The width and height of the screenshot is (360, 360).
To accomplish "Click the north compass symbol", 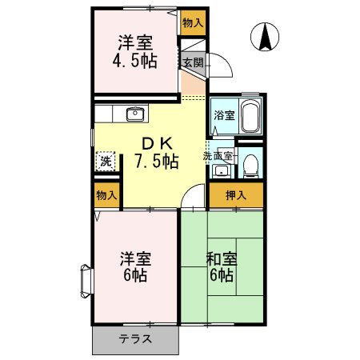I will pos(266,36).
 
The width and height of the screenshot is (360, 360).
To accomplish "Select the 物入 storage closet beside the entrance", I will pos(192,23).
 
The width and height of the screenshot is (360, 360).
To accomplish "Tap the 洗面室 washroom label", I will pos(218,156).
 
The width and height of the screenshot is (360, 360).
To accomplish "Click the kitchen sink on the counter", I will pos(134,113).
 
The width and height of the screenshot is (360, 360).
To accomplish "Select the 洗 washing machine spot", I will pos(106,161).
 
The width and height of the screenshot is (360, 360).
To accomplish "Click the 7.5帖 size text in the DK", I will pos(156,160).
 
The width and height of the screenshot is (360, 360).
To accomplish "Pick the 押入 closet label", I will pos(235,194).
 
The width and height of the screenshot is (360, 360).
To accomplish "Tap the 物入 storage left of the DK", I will pos(106,194).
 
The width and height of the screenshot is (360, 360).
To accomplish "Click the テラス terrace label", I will pos(136,338).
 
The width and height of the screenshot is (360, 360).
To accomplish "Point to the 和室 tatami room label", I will pos(220,258).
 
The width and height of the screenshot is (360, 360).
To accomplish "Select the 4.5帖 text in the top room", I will pos(137,61).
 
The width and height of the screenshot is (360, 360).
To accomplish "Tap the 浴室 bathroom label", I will pos(223,115).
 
